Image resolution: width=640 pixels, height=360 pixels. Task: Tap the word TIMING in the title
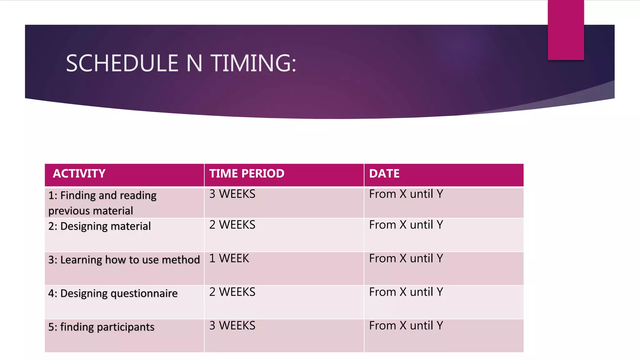[253, 63]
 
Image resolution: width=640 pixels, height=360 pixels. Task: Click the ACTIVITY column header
[79, 173]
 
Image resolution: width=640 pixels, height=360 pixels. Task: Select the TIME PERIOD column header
[247, 173]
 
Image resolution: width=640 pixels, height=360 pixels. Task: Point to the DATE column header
[384, 173]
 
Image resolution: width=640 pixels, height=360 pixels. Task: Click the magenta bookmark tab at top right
[566, 30]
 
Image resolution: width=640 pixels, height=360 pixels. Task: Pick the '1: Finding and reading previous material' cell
[102, 203]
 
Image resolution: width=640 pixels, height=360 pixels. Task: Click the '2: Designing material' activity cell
[99, 226]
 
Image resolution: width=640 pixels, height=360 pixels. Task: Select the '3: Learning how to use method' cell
[124, 260]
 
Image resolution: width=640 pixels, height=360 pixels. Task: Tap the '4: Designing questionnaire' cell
[112, 293]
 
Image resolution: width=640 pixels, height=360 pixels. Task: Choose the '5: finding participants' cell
[101, 327]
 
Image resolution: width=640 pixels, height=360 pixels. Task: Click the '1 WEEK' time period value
[229, 258]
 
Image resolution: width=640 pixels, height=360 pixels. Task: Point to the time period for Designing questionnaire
[232, 292]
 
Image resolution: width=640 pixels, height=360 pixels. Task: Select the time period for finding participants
[232, 326]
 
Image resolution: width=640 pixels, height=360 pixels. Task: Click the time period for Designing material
[232, 225]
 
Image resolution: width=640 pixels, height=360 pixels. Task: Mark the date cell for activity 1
[406, 194]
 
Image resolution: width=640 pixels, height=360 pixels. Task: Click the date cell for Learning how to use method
[406, 258]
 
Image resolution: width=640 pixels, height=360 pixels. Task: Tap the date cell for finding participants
[406, 326]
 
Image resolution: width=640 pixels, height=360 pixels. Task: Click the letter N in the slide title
[194, 63]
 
